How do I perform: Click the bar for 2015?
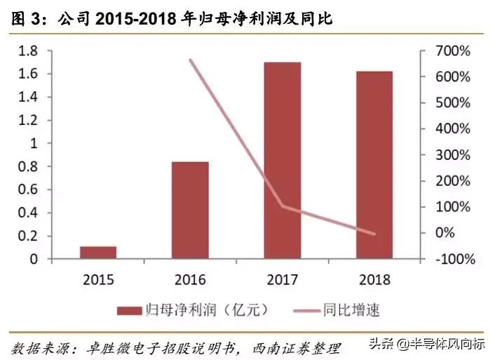click(98, 253)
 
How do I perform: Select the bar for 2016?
click(190, 211)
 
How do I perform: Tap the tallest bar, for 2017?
click(282, 161)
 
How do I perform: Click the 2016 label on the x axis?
click(190, 279)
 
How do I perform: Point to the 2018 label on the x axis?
click(374, 279)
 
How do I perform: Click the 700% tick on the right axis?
click(454, 51)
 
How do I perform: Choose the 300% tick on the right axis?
click(454, 154)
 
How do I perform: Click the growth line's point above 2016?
click(191, 60)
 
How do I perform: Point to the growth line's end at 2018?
click(374, 234)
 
